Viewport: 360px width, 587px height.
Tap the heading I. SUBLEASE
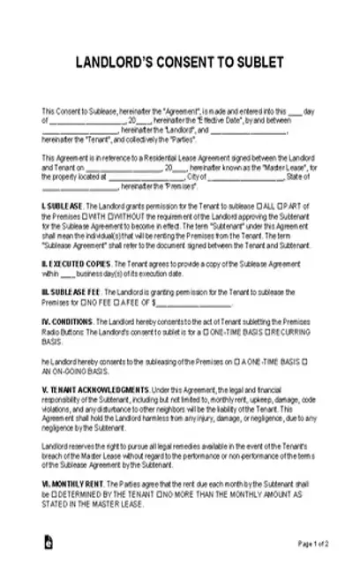pyautogui.click(x=63, y=205)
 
